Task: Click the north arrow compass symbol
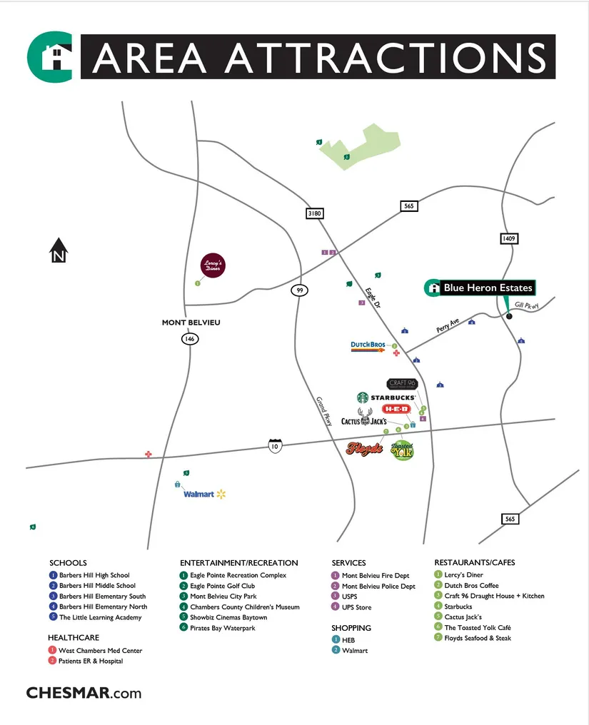coord(59,250)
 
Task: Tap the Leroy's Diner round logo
coord(212,265)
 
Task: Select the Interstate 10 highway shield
coord(275,446)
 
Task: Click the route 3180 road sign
coord(314,213)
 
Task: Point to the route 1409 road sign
coord(508,238)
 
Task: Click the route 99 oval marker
coord(299,290)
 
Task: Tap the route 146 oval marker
coord(189,339)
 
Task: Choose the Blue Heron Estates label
coord(488,288)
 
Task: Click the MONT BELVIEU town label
coord(191,323)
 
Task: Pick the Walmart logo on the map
coord(204,494)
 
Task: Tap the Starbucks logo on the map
coord(386,397)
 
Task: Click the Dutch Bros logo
coord(368,346)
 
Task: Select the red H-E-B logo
coord(396,409)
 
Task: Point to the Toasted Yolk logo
coord(403,450)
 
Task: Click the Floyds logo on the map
coord(364,449)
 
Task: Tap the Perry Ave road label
coord(449,327)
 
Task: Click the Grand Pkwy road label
coord(324,412)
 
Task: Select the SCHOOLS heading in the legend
coord(68,563)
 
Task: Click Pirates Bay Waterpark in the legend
coord(223,628)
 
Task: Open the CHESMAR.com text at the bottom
coord(84,693)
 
